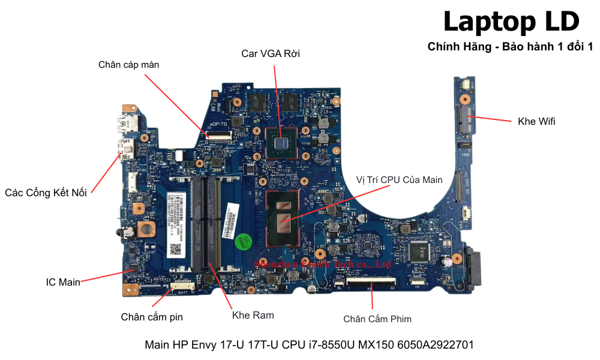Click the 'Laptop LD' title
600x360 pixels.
pos(511,22)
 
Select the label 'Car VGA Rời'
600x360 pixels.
pos(271,54)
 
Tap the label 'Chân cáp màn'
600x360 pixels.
pos(129,65)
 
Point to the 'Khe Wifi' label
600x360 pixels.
pos(536,121)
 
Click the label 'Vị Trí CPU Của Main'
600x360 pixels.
pos(399,179)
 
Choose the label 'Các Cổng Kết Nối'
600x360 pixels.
pos(46,193)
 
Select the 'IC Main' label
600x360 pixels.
pos(63,282)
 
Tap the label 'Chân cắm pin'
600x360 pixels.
pos(152,317)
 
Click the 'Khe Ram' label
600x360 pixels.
pos(253,315)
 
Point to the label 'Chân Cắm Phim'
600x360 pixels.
pos(377,319)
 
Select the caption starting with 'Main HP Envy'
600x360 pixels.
pos(309,345)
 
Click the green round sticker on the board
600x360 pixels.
pos(241,239)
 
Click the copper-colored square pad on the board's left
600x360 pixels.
pos(145,228)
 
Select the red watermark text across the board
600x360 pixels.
pos(322,263)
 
